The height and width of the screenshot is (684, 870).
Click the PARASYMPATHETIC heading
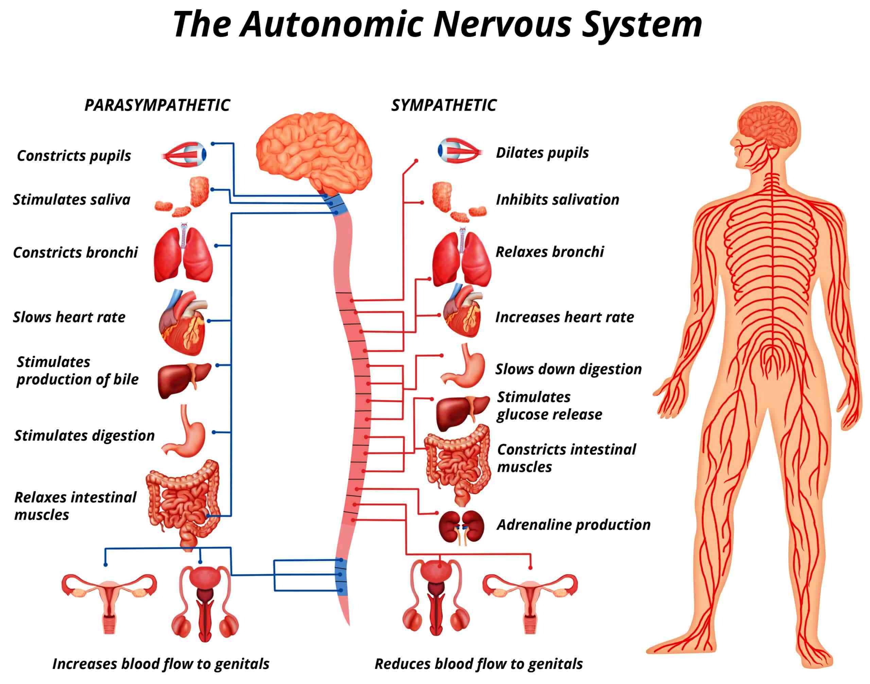click(x=157, y=105)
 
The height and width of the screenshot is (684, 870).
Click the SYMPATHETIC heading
click(x=443, y=105)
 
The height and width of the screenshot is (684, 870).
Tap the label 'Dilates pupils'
click(x=542, y=153)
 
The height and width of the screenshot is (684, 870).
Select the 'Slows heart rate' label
click(x=69, y=317)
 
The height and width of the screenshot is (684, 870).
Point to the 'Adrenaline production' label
click(x=573, y=525)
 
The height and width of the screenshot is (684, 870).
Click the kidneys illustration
click(x=461, y=526)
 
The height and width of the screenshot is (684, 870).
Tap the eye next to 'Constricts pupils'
click(x=185, y=154)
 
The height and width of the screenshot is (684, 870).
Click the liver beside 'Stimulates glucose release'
click(x=461, y=412)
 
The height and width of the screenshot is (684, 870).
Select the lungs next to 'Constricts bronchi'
click(x=184, y=255)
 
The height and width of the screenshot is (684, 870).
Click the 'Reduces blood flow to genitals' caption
click(x=478, y=664)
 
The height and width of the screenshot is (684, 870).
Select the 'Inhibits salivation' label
click(x=557, y=200)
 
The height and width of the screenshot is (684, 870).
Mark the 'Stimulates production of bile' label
click(x=77, y=371)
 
